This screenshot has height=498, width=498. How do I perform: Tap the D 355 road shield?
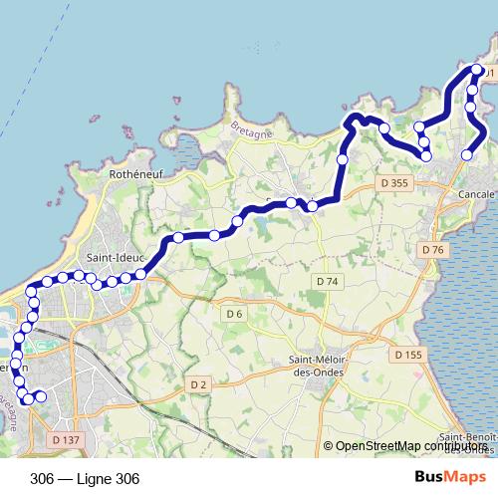tap(395, 183)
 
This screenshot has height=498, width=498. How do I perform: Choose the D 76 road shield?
tap(432, 249)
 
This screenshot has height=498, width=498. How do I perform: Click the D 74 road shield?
tap(328, 282)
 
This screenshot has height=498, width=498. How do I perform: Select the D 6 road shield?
tap(234, 315)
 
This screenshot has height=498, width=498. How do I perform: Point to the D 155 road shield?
tap(407, 355)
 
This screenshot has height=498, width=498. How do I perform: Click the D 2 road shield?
tap(197, 384)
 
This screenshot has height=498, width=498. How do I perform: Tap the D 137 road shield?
tap(65, 439)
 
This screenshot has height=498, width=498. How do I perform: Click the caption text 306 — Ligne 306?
tap(85, 478)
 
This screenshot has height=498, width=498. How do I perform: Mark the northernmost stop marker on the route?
tap(478, 70)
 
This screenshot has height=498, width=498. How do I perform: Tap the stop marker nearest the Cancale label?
tap(467, 155)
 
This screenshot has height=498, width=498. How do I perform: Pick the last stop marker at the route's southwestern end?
tap(40, 397)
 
